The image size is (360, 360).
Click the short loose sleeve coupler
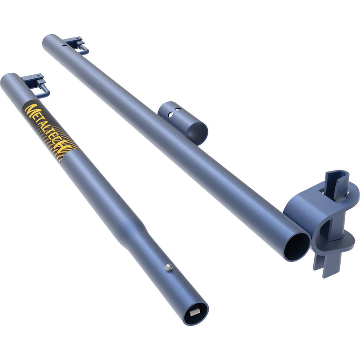(182, 122)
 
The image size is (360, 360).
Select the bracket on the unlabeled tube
(76, 44)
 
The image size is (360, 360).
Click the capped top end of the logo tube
(8, 80)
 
